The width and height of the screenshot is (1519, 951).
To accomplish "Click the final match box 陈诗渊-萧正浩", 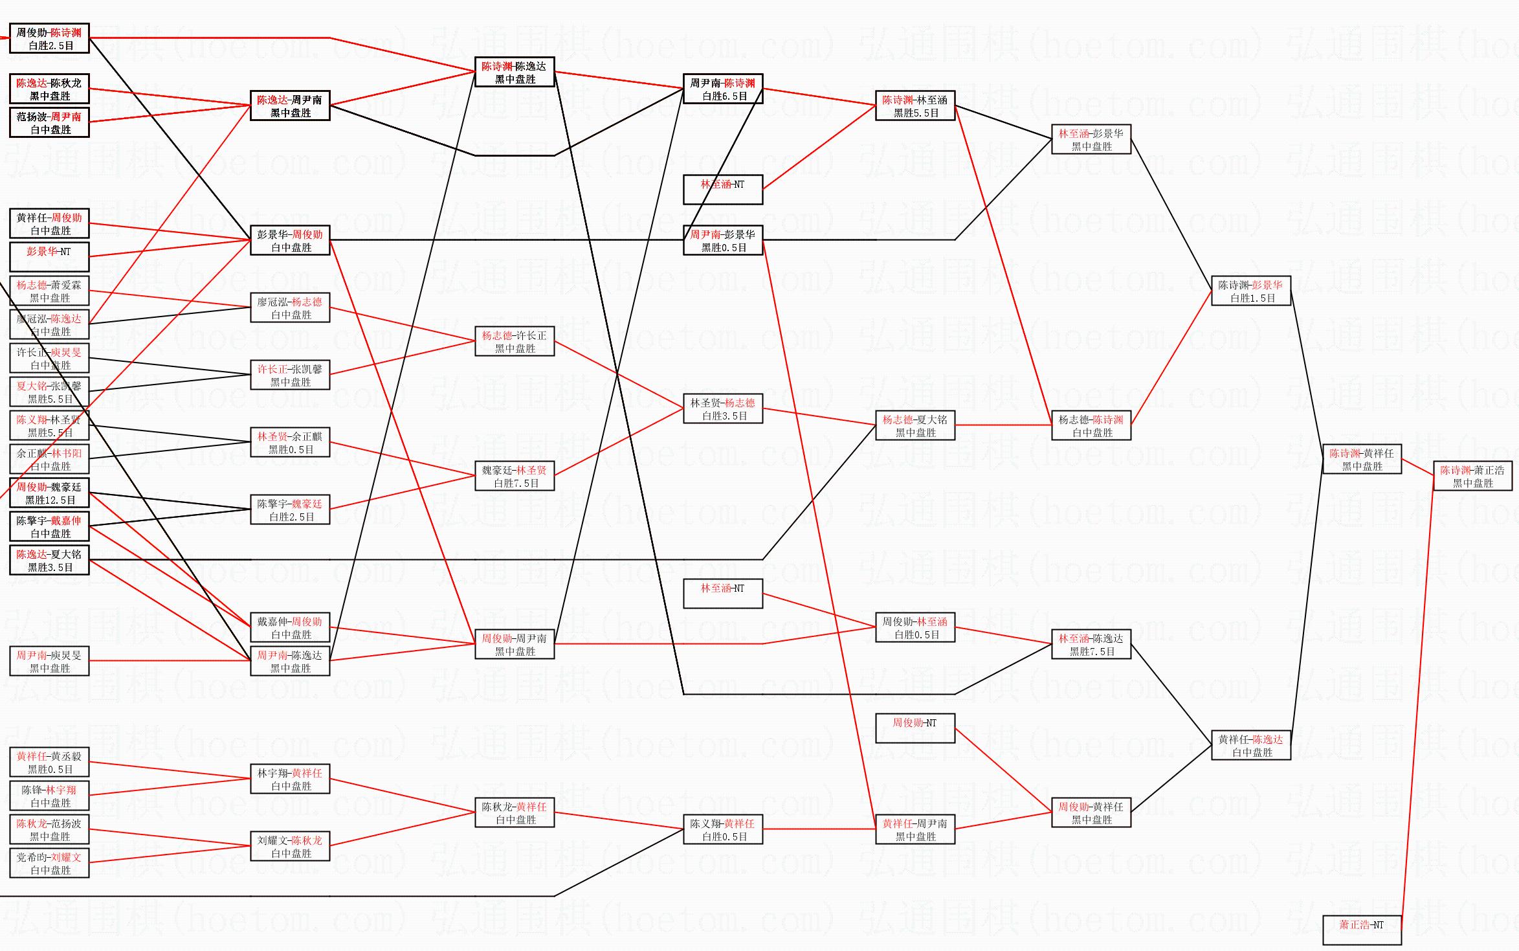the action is coord(1472,476).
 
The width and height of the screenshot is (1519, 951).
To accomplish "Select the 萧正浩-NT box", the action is coord(1362,930).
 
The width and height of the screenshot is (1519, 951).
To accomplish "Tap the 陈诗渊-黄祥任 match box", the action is coord(1362,459).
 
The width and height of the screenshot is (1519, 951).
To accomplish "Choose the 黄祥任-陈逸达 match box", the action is coord(1251,745).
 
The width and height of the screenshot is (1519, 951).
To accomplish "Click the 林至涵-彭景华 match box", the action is coord(1091,139).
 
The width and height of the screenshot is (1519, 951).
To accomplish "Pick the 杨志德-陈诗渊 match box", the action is coord(1091,425).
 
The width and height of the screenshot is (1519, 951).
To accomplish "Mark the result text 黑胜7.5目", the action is coord(1092,652).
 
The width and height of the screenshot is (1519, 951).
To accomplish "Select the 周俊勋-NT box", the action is coord(915,728).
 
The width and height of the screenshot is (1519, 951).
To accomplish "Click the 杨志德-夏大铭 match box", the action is coord(915,425).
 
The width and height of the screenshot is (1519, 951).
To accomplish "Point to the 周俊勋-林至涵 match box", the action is coord(915,627).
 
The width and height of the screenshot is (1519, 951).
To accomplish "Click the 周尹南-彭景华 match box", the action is coord(723,240).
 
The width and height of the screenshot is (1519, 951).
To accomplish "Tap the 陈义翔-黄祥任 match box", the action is coord(723,829).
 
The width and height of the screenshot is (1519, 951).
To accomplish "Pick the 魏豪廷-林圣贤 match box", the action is coord(515,476).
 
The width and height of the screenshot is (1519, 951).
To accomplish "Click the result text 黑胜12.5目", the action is coord(50,500).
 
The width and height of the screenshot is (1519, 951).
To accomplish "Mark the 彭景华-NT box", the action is coord(49,257).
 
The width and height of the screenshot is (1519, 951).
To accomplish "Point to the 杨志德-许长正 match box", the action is coord(515,341).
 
